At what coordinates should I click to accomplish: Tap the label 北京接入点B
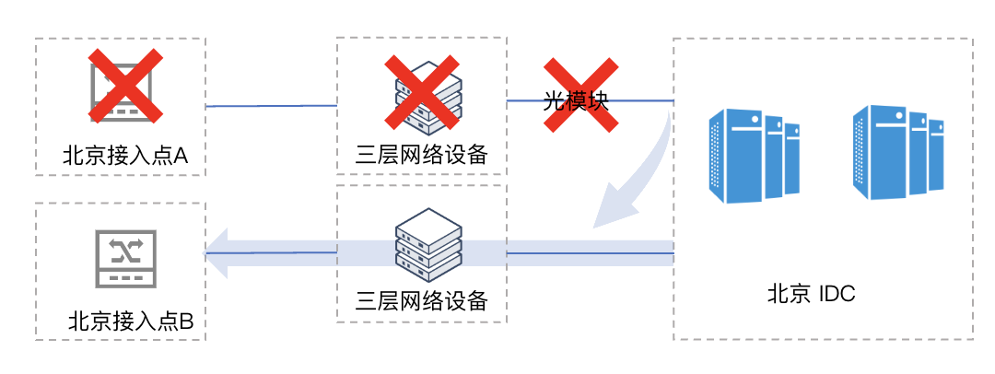pos(131,322)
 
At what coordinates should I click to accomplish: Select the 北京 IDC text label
pos(812,295)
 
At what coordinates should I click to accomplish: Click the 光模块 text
pos(577,101)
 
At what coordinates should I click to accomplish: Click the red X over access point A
pos(126,86)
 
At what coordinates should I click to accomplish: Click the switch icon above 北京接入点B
pos(126,257)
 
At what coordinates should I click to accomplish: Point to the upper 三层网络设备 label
pos(421,154)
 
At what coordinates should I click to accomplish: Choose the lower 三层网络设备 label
pos(421,300)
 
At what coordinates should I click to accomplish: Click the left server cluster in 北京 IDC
pos(753,155)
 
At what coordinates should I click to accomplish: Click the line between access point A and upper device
pos(272,106)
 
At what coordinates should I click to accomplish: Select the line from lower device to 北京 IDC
pos(590,251)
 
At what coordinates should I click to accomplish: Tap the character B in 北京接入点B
pos(185,322)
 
